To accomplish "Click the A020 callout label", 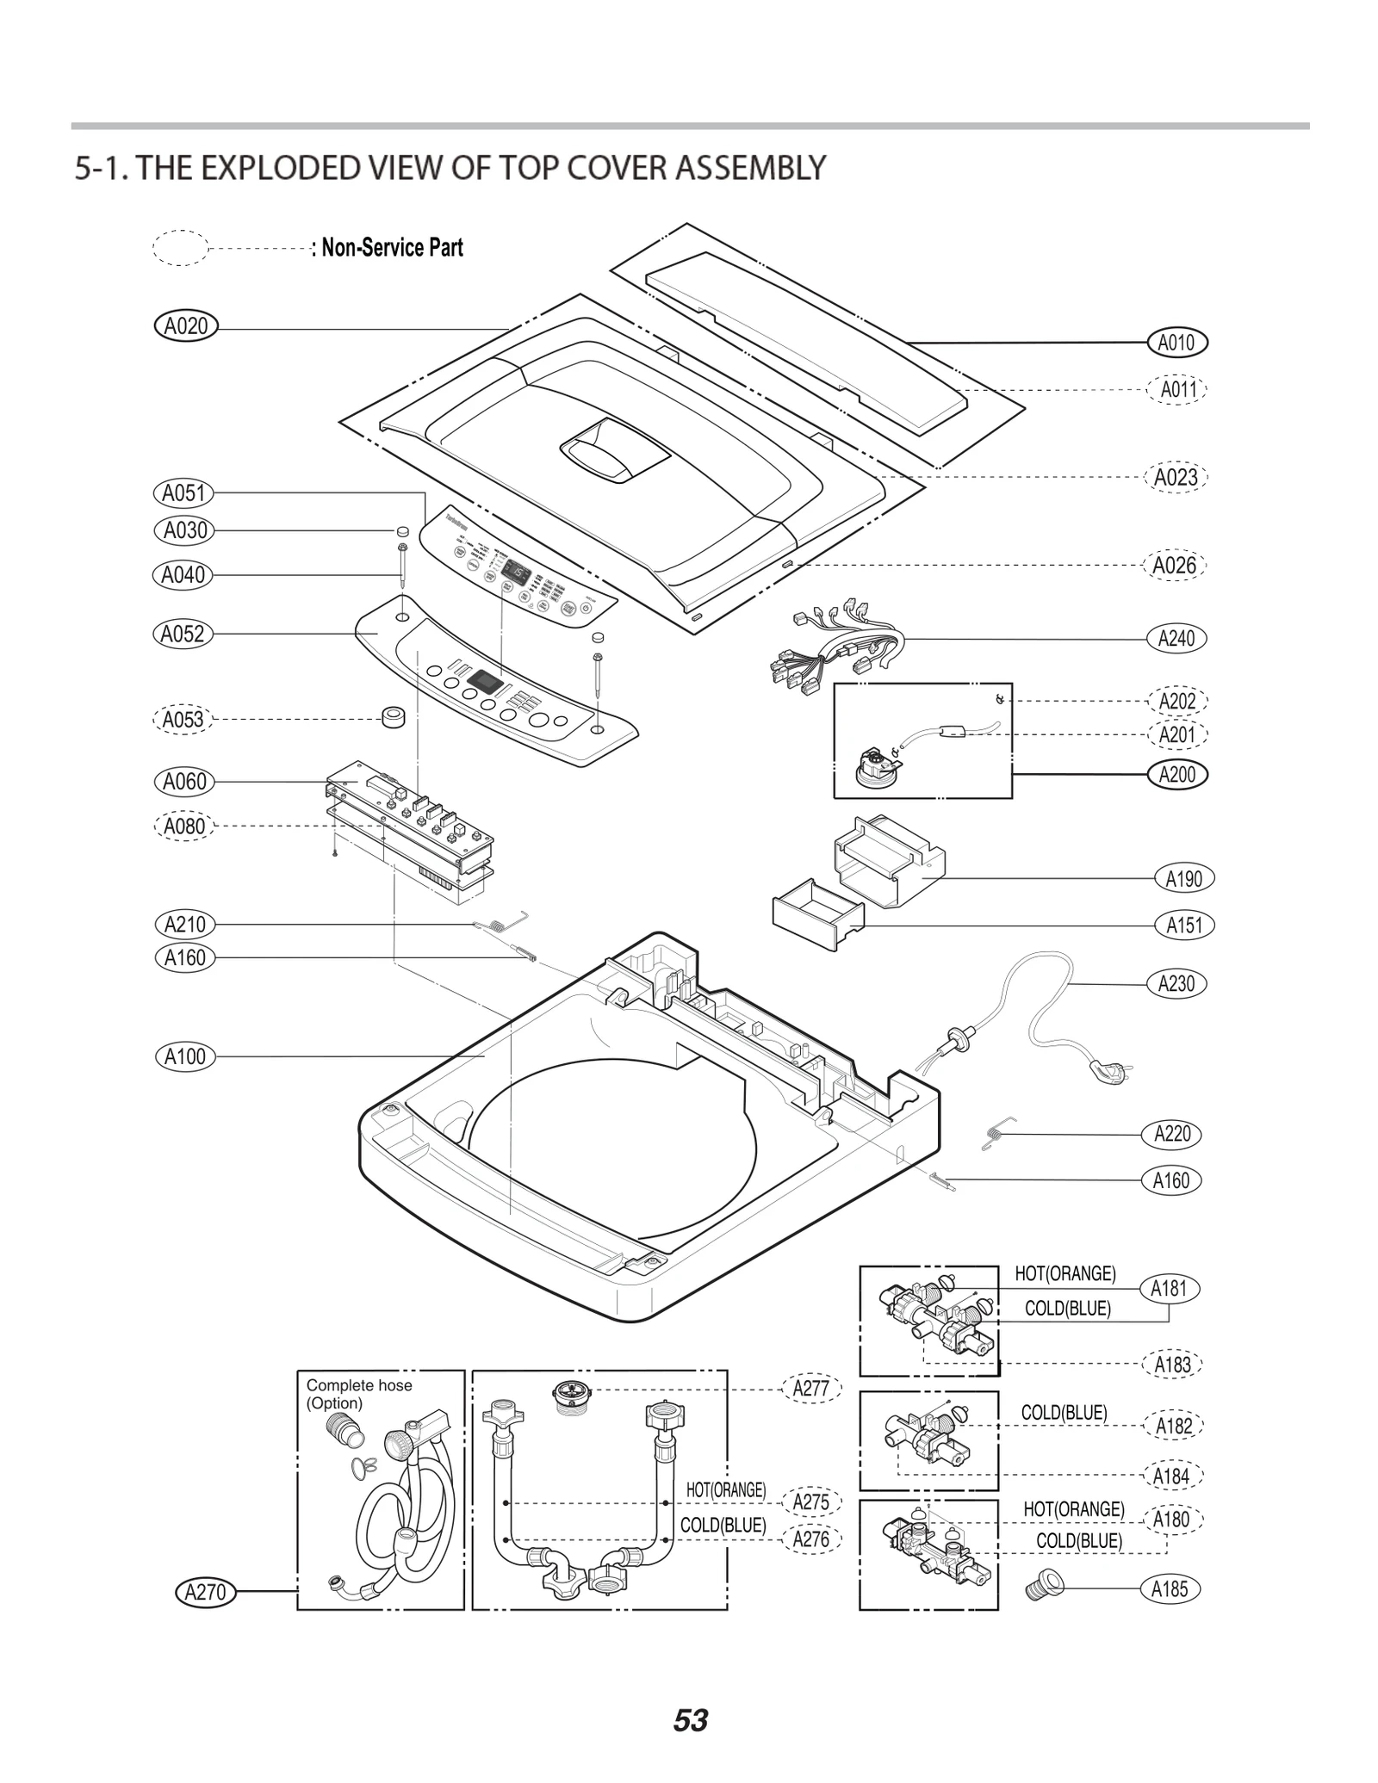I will tap(186, 326).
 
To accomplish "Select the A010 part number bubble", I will tap(1176, 343).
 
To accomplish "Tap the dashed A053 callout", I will tap(183, 719).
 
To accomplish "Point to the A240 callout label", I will tap(1176, 638).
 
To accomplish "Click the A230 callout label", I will tap(1176, 983).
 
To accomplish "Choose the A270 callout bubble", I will tap(205, 1592).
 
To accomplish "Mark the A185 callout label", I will tap(1170, 1589).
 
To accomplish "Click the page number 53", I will tap(690, 1721).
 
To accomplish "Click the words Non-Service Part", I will tap(393, 248).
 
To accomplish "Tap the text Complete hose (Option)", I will tap(359, 1394).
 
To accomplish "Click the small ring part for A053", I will tap(394, 715).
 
